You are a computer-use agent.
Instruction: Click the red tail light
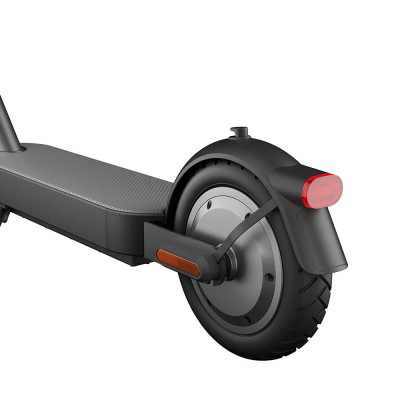[322, 189]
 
